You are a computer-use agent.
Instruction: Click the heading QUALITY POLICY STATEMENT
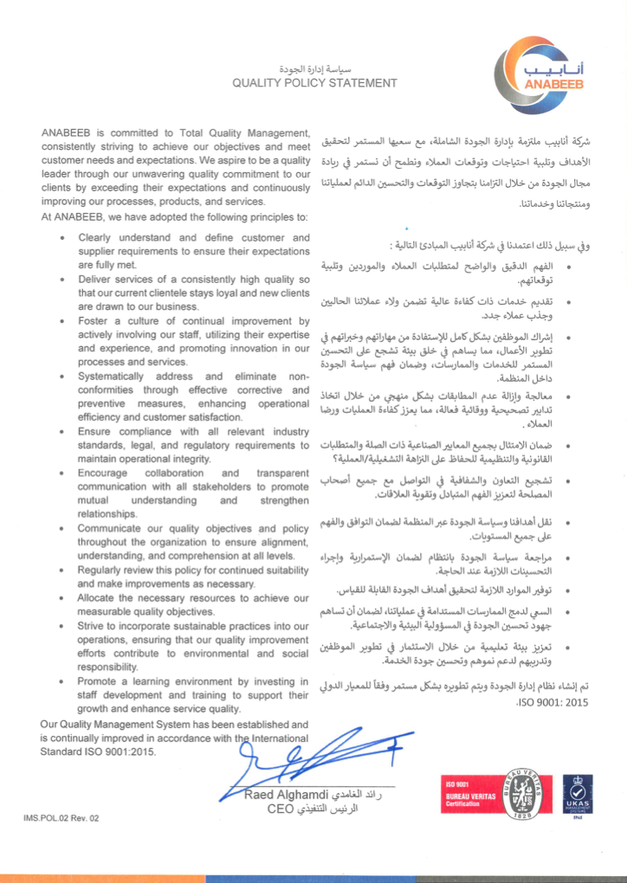click(313, 83)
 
